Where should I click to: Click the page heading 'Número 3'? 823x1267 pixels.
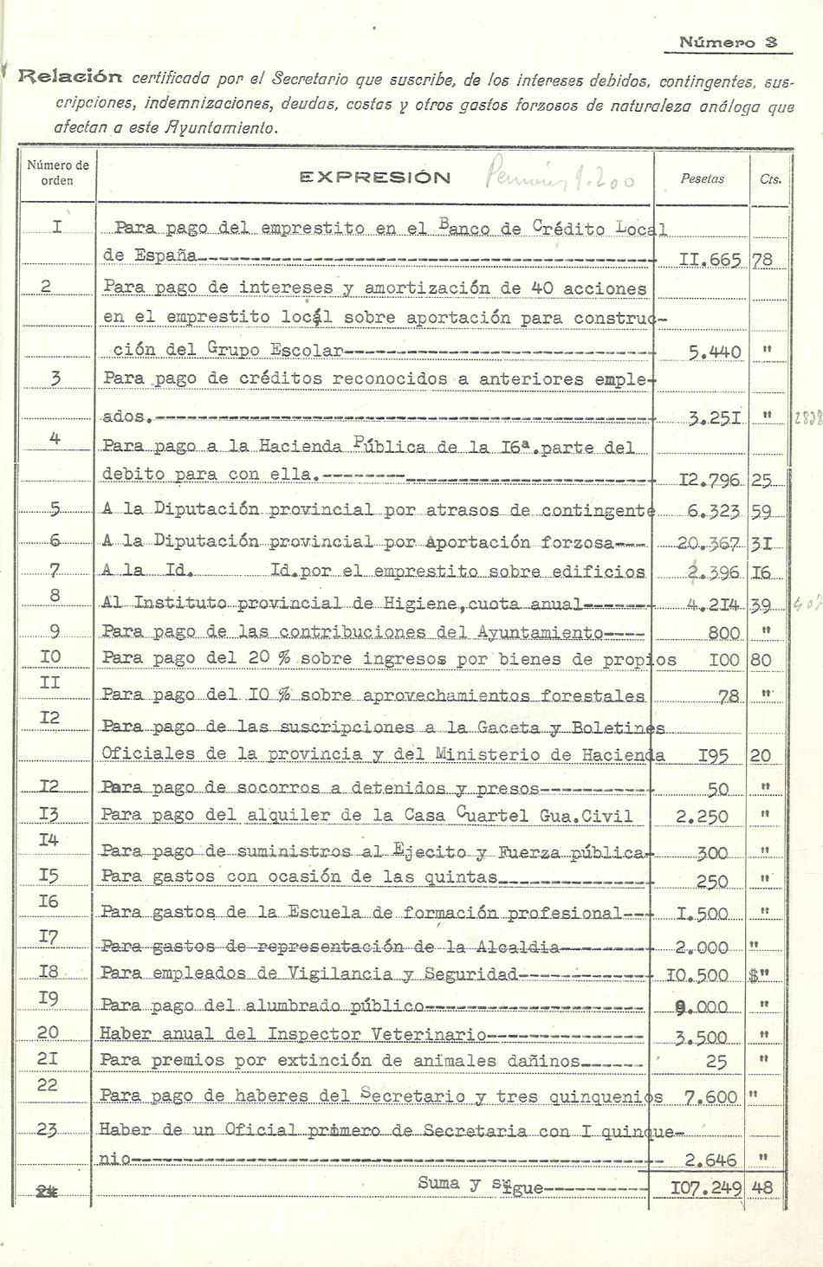tap(729, 41)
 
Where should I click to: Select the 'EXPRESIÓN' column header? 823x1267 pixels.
tap(375, 178)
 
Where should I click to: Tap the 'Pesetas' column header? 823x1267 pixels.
tap(703, 178)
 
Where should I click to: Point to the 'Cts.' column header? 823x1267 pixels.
tap(770, 179)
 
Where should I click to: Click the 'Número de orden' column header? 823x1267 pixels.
tap(58, 172)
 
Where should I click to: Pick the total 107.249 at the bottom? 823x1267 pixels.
tap(706, 1187)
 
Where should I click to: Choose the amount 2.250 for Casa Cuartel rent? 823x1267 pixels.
tap(702, 816)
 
